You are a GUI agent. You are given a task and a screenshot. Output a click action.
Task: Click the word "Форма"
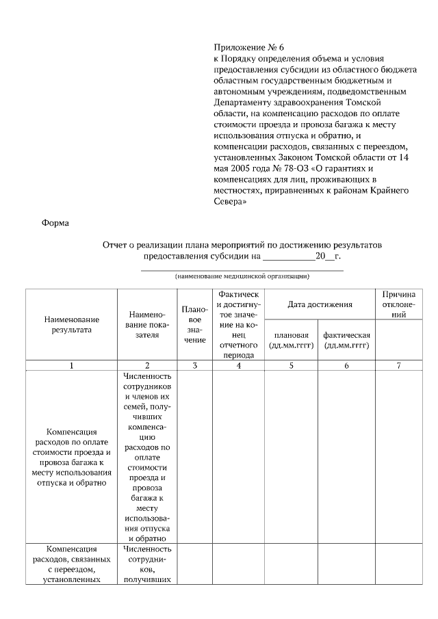pos(55,222)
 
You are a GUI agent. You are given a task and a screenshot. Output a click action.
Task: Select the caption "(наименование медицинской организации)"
pos(242,277)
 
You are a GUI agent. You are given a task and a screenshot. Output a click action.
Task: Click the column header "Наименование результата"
pos(72,325)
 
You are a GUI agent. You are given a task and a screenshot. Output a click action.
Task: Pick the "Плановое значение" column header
pos(195,324)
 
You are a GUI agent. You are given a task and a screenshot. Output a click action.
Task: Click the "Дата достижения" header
pos(320,304)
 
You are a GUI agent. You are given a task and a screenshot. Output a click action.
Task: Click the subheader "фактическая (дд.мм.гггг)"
pos(346,340)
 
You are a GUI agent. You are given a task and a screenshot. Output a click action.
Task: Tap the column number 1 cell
pos(72,366)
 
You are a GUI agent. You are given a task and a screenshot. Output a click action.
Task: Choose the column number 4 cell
pos(238,366)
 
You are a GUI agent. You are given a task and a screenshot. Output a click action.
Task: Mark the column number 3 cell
pos(195,366)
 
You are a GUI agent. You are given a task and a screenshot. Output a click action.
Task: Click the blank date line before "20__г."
pos(289,256)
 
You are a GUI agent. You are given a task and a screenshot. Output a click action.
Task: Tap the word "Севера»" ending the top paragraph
pos(231,202)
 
